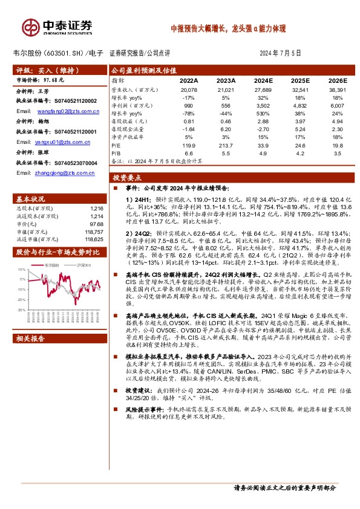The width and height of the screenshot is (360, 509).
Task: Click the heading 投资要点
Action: pyautogui.click(x=127, y=178)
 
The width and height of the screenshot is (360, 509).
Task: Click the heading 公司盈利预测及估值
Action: pyautogui.click(x=142, y=70)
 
